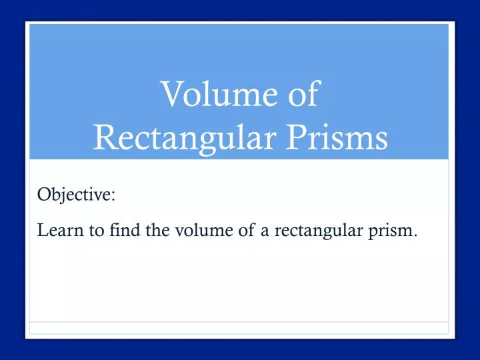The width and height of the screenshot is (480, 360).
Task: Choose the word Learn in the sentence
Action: pos(55,231)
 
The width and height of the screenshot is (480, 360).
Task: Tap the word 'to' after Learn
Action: pos(83,231)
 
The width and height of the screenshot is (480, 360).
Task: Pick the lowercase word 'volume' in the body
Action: pos(179,231)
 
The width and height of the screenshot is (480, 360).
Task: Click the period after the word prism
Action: pos(416,235)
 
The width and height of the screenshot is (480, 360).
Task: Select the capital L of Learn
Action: pos(41,231)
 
